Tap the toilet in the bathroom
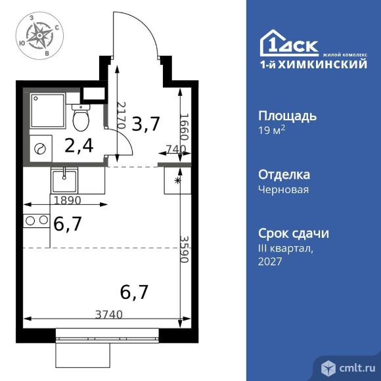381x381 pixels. [x=81, y=119]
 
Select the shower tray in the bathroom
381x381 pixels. [x=47, y=110]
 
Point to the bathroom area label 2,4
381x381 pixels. [x=78, y=145]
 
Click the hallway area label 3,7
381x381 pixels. [x=146, y=123]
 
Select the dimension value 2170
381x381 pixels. [x=120, y=115]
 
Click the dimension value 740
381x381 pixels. [x=173, y=150]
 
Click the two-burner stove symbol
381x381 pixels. [x=37, y=220]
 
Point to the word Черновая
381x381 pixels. [x=283, y=189]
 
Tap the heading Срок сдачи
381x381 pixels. [x=293, y=234]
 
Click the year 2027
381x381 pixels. [x=269, y=261]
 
